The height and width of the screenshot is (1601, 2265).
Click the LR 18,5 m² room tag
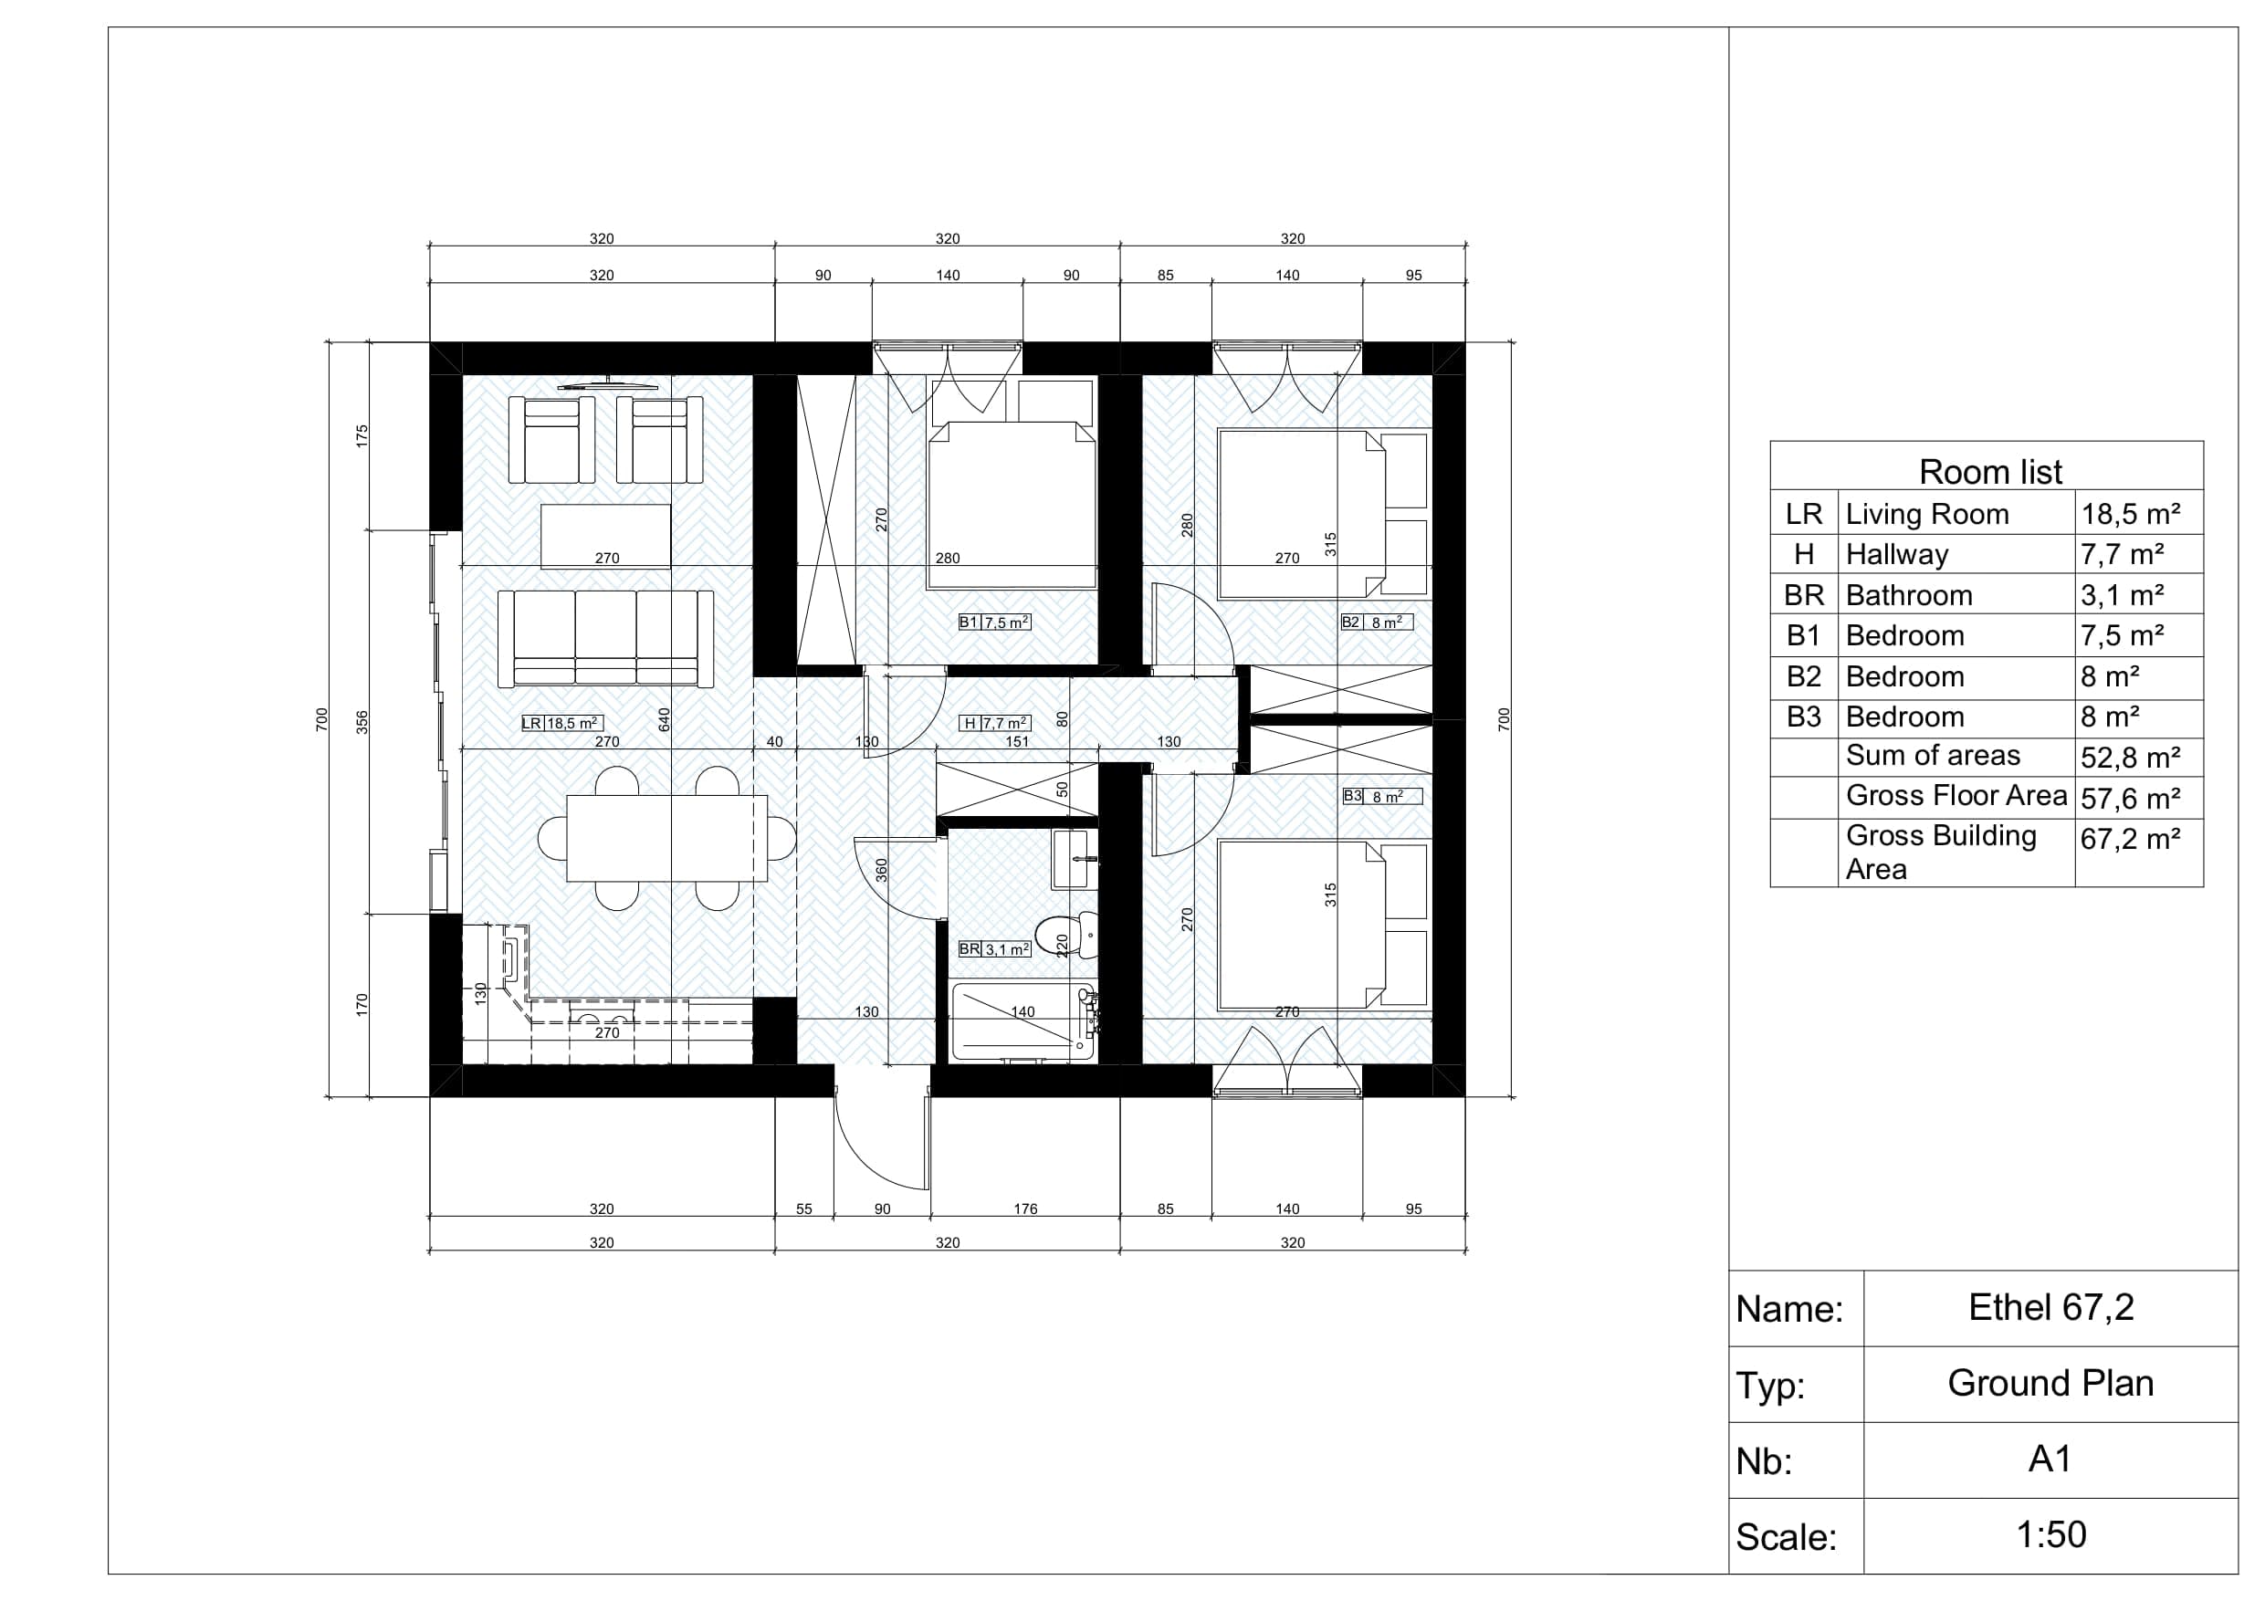tap(562, 723)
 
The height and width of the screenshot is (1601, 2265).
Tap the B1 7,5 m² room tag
tap(994, 623)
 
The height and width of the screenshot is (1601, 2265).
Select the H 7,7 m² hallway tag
tap(995, 723)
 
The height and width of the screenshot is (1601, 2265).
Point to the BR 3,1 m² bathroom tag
tap(994, 949)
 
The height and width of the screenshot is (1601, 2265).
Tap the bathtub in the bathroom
tap(1023, 1021)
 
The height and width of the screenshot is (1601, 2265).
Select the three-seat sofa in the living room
tap(605, 638)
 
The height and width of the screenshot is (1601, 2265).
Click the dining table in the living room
tap(666, 838)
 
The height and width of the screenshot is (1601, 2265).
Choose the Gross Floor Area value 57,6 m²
tap(2130, 798)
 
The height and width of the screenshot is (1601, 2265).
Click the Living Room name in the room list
tap(1926, 514)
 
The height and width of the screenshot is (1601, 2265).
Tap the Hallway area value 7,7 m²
tap(2122, 555)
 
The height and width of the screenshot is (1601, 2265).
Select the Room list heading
tap(1990, 472)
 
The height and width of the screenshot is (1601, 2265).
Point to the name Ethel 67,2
tap(2051, 1307)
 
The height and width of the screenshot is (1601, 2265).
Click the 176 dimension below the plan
tap(1025, 1209)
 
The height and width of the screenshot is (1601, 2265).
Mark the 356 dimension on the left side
tap(362, 722)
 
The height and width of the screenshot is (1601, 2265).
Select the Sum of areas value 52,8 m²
tap(2130, 758)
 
